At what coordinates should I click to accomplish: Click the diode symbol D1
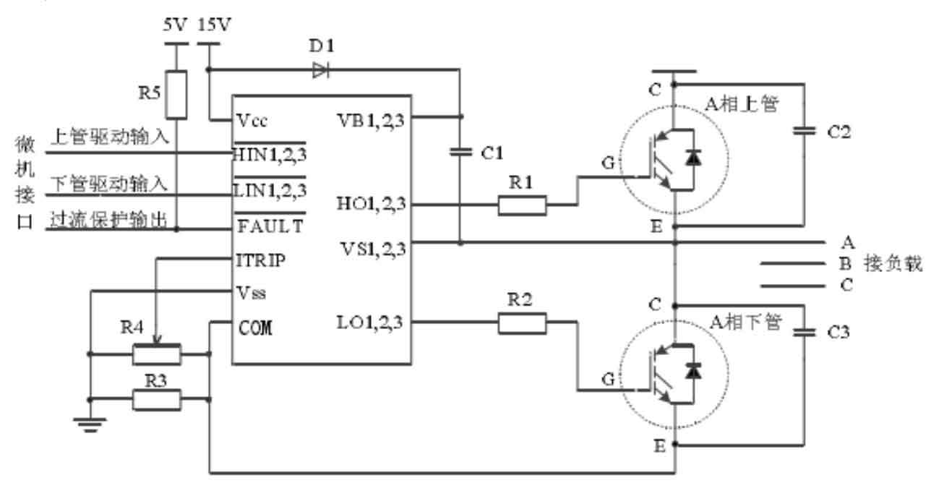[321, 70]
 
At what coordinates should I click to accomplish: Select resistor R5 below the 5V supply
[176, 95]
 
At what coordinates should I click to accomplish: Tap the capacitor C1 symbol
[460, 152]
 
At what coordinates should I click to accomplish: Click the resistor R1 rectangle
[522, 205]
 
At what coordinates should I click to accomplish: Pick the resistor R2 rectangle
[522, 323]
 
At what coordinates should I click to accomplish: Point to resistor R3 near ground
[157, 400]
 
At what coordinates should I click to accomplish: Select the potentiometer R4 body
[157, 354]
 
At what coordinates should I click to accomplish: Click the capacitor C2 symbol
[805, 132]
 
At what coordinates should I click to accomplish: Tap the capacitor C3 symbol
[805, 332]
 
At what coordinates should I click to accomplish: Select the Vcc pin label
[252, 121]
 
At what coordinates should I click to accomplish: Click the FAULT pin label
[270, 226]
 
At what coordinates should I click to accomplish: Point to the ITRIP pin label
[261, 260]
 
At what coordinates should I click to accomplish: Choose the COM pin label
[256, 328]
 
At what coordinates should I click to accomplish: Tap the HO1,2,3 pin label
[371, 204]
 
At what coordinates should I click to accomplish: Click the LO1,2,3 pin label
[369, 323]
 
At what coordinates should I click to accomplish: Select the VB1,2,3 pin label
[371, 121]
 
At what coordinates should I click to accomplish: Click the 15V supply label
[214, 25]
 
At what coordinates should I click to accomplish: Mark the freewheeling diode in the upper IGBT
[693, 158]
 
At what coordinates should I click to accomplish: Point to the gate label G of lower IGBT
[608, 379]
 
